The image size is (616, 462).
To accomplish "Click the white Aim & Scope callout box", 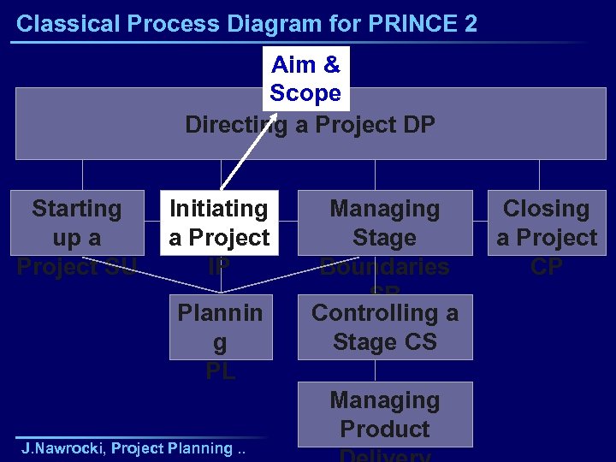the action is coord(305,79).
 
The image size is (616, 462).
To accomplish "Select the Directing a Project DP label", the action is coord(310,125).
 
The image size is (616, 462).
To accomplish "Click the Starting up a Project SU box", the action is coord(76,223).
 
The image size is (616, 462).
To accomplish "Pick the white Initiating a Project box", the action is coord(219,223).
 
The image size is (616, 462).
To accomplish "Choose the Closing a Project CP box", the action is coord(546,223).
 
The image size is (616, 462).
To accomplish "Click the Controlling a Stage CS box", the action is coord(384,328).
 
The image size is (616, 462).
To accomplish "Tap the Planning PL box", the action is coord(220,328).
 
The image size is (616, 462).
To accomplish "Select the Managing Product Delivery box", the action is coord(384,416).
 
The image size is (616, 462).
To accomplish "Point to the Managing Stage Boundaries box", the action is coord(384,223).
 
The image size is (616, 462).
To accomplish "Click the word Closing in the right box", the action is coord(546,209).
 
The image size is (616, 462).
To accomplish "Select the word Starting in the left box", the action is coord(76,209).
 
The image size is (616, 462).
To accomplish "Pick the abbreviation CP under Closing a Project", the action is coord(546,267).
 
